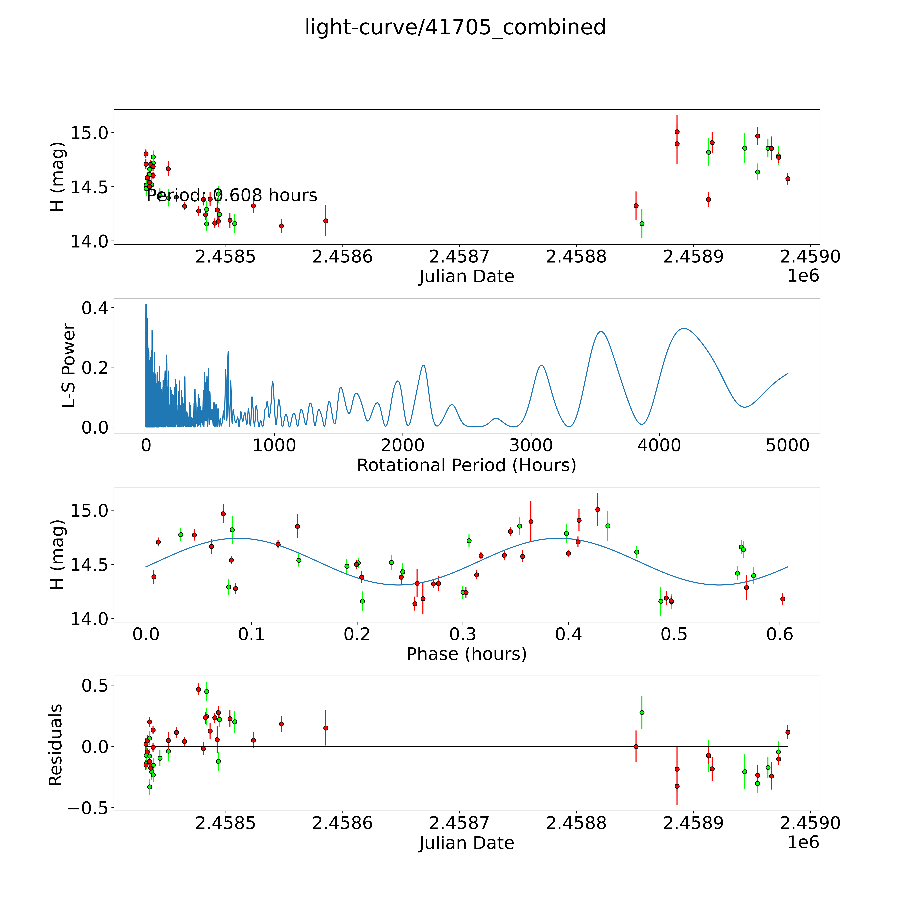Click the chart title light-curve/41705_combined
[455, 27]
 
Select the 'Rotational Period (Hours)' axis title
[466, 465]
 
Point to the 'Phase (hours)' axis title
[466, 654]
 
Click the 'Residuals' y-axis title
[56, 745]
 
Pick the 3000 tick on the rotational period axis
[531, 446]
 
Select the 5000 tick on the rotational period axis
[788, 446]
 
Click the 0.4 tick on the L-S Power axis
[95, 308]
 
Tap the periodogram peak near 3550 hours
[601, 332]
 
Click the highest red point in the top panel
[677, 132]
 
